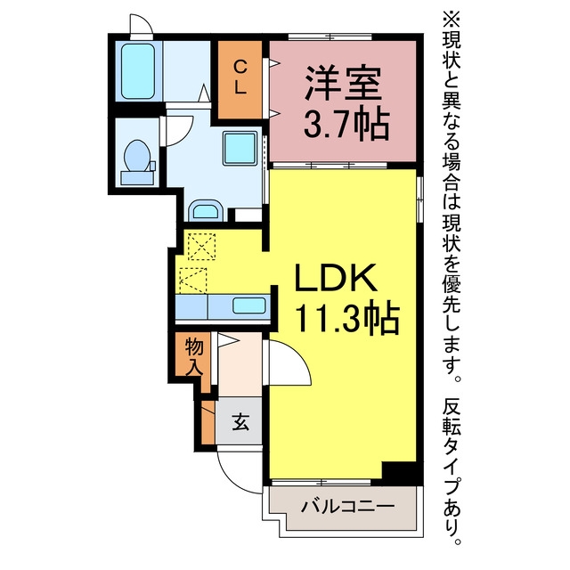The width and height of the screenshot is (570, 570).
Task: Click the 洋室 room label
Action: point(343,84)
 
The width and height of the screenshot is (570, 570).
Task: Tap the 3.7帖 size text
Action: point(346,123)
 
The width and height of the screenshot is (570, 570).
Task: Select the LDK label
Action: point(335,277)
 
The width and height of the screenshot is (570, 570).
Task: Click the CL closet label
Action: point(240,77)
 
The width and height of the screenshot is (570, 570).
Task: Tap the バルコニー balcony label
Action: point(347,507)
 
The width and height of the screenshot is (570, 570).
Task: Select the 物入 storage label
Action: point(194,358)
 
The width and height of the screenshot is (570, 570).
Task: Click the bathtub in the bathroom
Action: point(138,71)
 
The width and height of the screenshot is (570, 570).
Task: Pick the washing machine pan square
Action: point(240,149)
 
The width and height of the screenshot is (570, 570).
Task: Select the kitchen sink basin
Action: point(249,305)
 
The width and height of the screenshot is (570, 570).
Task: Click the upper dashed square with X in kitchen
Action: point(202,247)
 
